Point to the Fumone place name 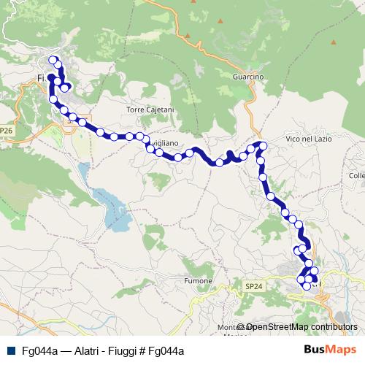point(198,281)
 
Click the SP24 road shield point(253,287)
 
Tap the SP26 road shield point(7,131)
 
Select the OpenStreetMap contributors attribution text point(301,327)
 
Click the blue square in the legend point(11,351)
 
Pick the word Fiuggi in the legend point(118,351)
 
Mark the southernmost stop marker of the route point(307,286)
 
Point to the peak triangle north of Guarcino point(188,35)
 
